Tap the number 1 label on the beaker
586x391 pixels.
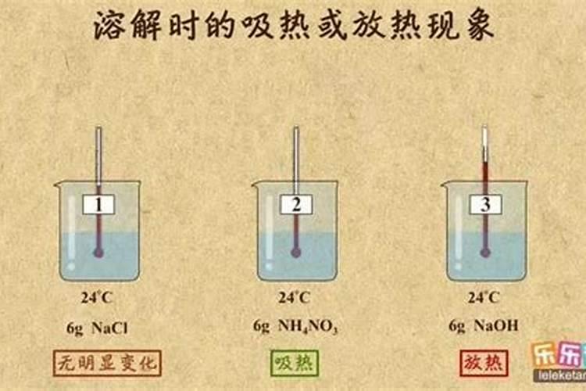pos(98,205)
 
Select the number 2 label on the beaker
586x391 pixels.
pos(296,205)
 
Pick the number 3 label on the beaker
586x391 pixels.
pos(485,205)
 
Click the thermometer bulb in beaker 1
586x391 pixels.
pos(99,252)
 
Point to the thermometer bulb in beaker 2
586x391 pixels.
pos(296,252)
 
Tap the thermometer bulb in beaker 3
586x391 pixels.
pos(485,252)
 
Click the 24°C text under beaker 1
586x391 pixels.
pos(99,297)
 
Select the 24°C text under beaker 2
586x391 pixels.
pos(295,297)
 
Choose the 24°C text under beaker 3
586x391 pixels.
pos(484,297)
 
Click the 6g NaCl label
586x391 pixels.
pos(99,326)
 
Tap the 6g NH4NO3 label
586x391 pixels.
pos(295,327)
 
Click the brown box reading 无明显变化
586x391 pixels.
pos(107,362)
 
